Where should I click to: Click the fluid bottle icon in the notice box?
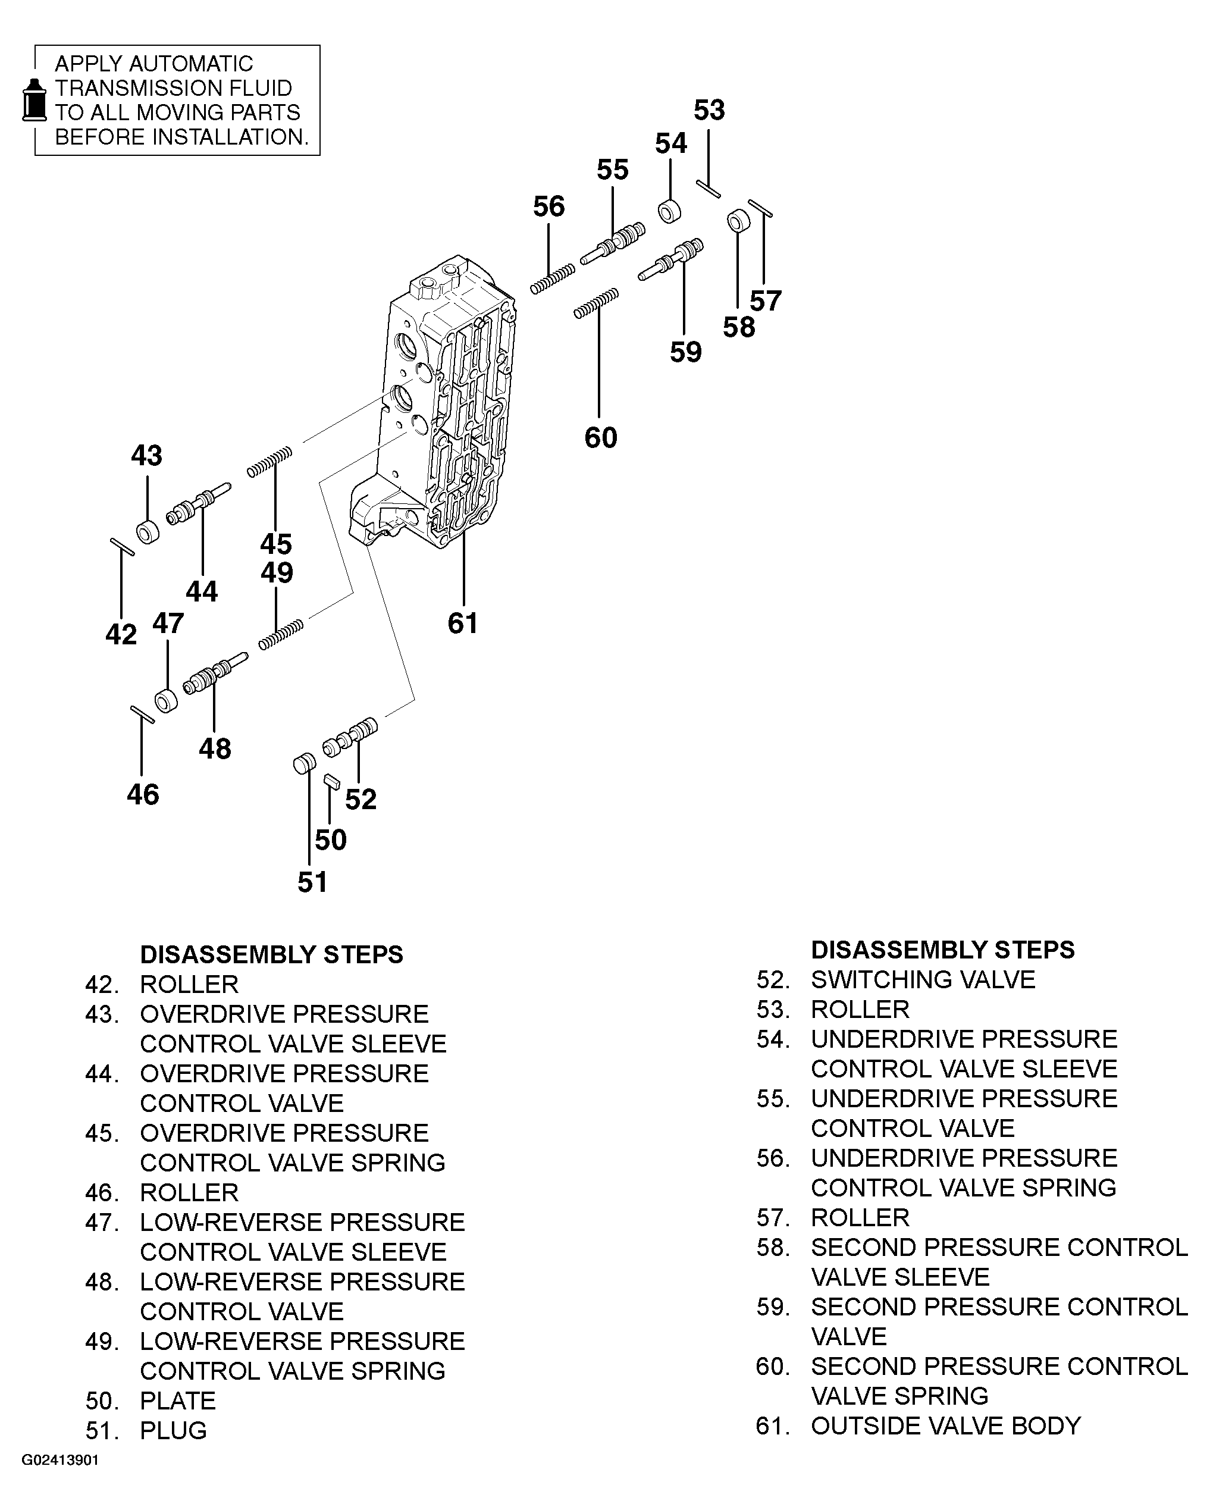(33, 100)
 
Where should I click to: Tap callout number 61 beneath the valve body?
(463, 623)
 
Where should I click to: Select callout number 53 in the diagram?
(709, 111)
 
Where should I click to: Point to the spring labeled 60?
(596, 303)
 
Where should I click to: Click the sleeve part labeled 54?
(670, 211)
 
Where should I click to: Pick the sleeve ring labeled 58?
(737, 221)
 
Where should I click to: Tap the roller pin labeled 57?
(760, 209)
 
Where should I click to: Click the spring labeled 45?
(269, 462)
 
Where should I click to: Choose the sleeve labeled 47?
(166, 700)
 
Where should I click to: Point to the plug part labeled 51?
(304, 763)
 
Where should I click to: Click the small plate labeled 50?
(332, 782)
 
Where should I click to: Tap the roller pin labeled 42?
(122, 547)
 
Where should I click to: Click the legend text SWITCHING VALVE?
(922, 979)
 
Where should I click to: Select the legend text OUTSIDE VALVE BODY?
(945, 1426)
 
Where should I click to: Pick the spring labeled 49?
(280, 634)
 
